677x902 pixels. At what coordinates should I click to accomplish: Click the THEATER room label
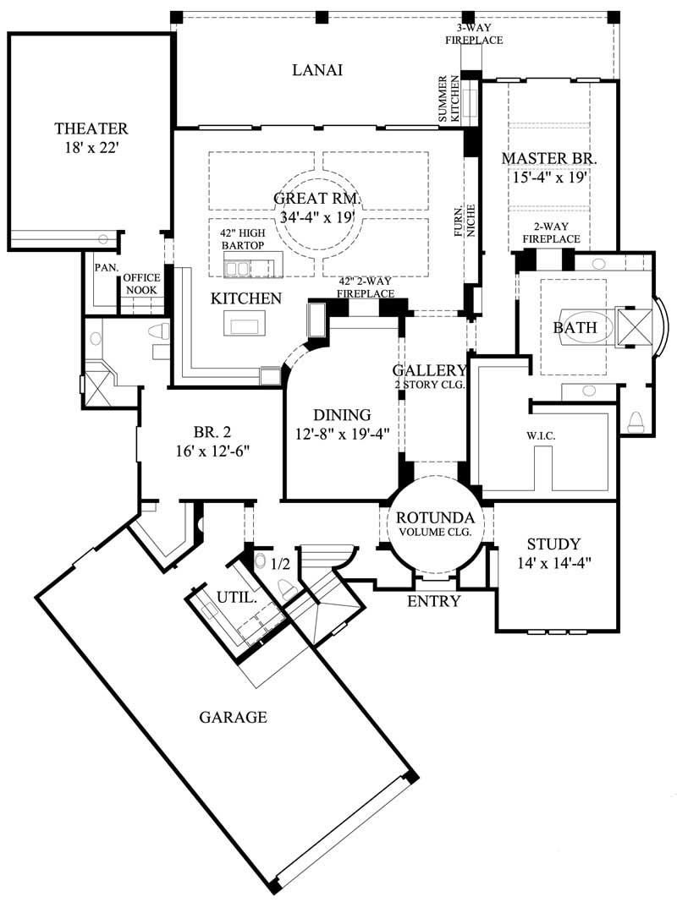coord(91,129)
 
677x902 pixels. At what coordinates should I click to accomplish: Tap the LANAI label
coord(317,70)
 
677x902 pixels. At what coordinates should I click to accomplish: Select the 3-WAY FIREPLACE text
coord(480,34)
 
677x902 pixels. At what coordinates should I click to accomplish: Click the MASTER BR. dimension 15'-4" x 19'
coord(549,178)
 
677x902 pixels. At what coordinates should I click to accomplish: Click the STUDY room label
coord(553,544)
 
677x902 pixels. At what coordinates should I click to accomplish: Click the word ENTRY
coord(433,602)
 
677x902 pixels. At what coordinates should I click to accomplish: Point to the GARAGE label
coord(233,718)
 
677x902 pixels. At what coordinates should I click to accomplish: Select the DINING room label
coord(342,415)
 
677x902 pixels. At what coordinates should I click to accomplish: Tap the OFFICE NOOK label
coord(141,282)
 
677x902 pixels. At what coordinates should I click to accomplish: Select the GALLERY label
coord(430,370)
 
